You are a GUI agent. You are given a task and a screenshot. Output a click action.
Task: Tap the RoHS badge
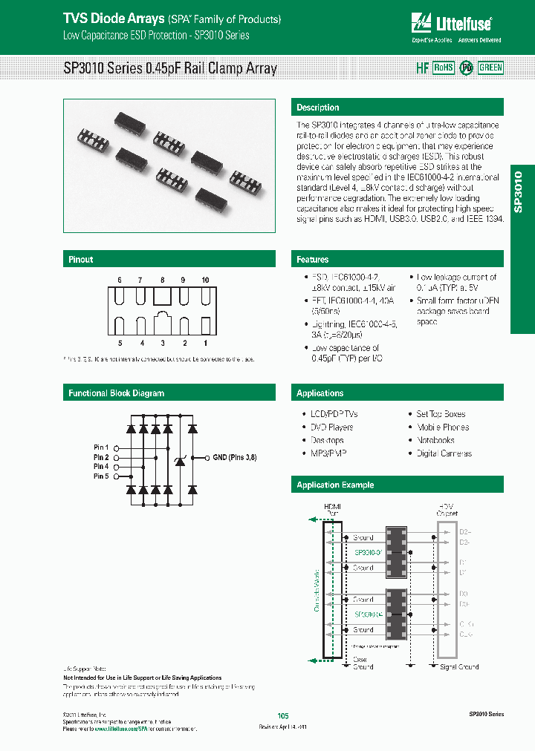[443, 68]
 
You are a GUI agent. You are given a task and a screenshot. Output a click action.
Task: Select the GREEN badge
[490, 68]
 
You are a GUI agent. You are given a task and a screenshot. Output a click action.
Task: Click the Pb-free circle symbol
[466, 68]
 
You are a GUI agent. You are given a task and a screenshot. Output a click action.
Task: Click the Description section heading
[318, 108]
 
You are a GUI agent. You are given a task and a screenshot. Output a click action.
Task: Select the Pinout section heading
[81, 260]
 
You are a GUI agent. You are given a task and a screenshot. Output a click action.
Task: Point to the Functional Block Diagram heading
[117, 393]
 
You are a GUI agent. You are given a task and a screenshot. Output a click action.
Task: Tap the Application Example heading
[335, 485]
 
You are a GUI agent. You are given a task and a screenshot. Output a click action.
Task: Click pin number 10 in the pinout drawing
[205, 281]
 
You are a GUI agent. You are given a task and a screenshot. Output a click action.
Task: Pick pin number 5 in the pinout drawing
[119, 344]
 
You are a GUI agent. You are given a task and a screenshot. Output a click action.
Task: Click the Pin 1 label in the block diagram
[101, 447]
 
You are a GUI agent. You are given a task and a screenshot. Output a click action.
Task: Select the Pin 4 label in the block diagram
[101, 467]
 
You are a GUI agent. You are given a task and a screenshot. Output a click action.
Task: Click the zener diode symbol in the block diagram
[179, 462]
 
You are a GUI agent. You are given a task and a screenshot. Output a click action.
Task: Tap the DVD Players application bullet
[331, 427]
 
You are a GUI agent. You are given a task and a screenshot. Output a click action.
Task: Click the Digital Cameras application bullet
[444, 453]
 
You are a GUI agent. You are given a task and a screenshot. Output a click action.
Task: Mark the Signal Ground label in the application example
[458, 667]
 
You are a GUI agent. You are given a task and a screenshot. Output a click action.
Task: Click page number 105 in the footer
[282, 715]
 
